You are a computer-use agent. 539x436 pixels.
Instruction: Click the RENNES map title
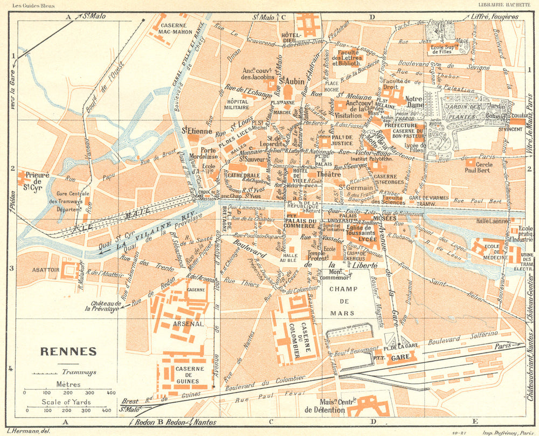point(68,351)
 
